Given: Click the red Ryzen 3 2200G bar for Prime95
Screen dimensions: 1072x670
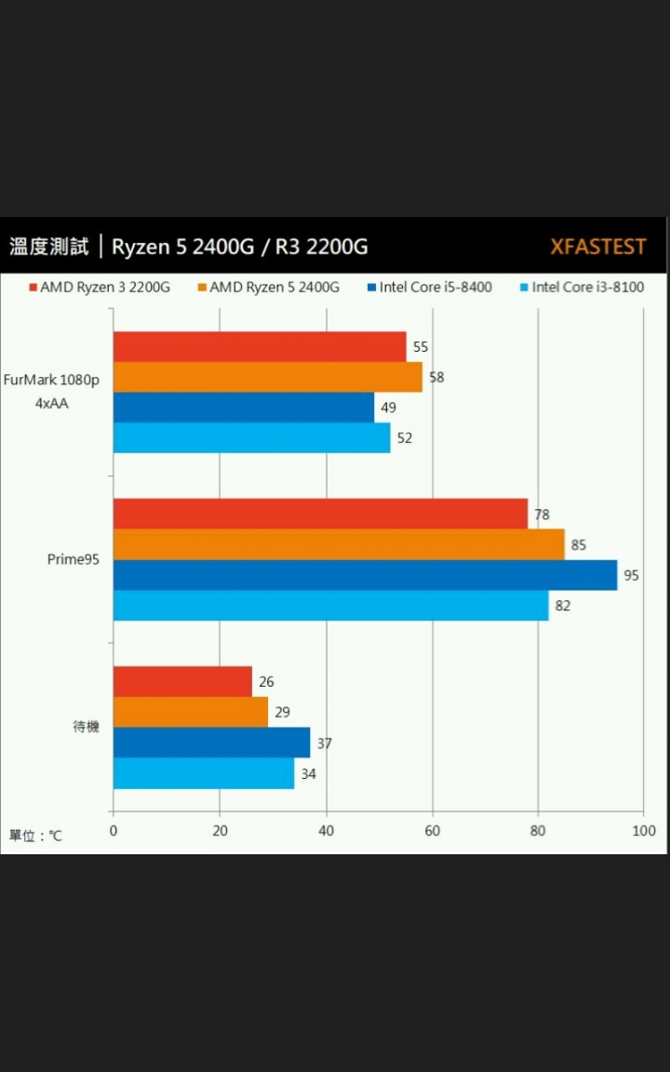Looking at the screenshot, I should coord(320,514).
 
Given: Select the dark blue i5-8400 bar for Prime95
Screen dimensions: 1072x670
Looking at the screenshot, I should coord(365,575).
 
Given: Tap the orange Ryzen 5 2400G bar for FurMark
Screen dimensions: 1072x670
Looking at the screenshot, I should coord(267,377).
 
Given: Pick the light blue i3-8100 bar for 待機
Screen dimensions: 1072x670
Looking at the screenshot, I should coord(204,773).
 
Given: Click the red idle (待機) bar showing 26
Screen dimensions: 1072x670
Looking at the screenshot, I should coord(182,681).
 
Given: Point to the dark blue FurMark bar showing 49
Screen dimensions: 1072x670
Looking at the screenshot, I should coord(243,408).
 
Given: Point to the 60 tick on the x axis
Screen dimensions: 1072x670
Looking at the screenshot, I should coord(433,831).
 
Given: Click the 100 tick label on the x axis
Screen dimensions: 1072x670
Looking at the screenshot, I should coord(643,831).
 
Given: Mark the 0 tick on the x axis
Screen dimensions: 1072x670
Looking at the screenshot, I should coord(114,831).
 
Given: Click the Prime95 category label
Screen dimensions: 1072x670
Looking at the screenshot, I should coord(74,559).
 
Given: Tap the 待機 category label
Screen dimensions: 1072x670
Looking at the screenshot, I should coord(86,727).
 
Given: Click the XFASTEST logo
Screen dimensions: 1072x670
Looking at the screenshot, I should coord(597,247).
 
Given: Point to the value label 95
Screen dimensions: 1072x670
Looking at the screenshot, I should coord(631,575).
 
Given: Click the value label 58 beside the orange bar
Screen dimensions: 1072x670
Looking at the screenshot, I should coord(435,377).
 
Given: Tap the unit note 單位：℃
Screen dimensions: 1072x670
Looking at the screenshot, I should coord(36,836).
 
